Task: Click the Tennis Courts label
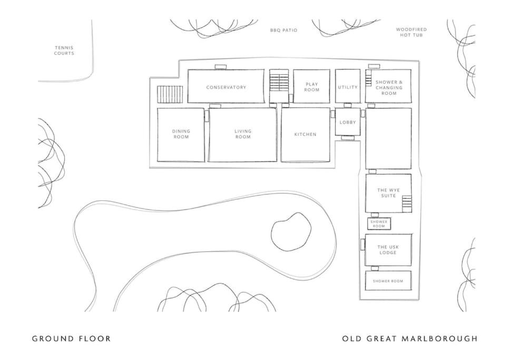[64, 50]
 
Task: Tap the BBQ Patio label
[283, 30]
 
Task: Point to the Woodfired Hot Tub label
[412, 32]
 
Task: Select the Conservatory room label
[226, 87]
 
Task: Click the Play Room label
[311, 87]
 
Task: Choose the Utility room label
[348, 87]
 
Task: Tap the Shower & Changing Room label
[389, 87]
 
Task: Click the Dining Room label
[181, 134]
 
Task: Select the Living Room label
[243, 134]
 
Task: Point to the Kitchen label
[305, 134]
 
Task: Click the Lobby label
[348, 122]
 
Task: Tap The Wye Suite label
[388, 193]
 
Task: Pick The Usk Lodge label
[388, 250]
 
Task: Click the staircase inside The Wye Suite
[407, 204]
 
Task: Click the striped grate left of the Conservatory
[170, 94]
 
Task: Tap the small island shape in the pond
[291, 232]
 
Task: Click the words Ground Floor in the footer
[72, 338]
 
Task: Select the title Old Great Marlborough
[409, 338]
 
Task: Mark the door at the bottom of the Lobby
[348, 138]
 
